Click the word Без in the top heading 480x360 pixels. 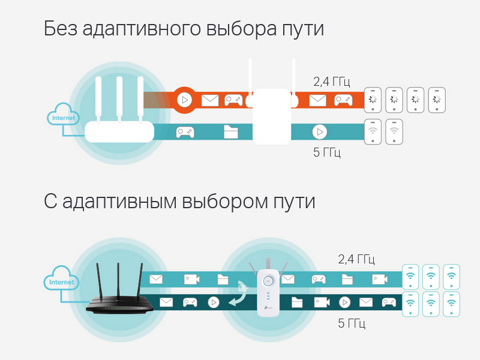click(61, 28)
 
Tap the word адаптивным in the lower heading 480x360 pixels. click(119, 202)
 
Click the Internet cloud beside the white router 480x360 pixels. click(63, 114)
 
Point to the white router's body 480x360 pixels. click(119, 131)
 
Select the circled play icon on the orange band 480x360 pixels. click(185, 100)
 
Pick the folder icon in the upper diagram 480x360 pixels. click(231, 132)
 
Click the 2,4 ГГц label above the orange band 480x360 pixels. click(332, 82)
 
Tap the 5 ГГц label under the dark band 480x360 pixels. click(352, 323)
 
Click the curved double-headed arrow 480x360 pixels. click(241, 295)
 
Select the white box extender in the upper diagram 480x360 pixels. click(272, 116)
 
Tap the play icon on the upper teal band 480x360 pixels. click(320, 132)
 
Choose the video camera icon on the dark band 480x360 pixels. click(322, 302)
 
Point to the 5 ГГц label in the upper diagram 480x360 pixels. click(327, 152)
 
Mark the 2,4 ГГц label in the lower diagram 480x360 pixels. click(356, 259)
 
